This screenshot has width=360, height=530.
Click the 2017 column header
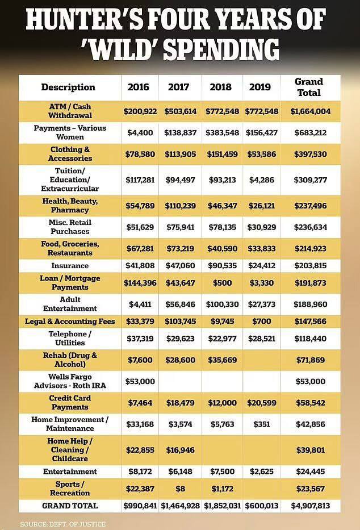(x=178, y=87)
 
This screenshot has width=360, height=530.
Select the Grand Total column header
(x=308, y=87)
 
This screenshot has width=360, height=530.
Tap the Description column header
(x=68, y=87)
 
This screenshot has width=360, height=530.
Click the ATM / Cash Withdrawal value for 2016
(x=140, y=111)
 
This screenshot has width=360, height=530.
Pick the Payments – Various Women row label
(x=70, y=132)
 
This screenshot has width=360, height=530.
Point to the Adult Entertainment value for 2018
(x=222, y=304)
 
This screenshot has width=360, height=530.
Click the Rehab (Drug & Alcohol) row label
(x=70, y=360)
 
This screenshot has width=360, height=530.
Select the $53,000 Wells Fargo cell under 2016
(x=140, y=381)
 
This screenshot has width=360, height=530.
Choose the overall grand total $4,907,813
(x=309, y=506)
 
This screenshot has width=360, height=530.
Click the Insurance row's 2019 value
(x=262, y=265)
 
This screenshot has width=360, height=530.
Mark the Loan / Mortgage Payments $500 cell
(x=222, y=283)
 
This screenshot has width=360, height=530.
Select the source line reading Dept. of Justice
(x=62, y=523)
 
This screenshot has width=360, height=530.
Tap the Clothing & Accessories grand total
(x=309, y=154)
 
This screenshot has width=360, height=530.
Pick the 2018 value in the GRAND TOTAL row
(x=222, y=506)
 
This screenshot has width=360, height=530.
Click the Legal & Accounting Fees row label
(x=70, y=322)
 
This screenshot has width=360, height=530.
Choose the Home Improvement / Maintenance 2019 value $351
(x=262, y=424)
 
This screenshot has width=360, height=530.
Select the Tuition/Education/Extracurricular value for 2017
(x=178, y=180)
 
